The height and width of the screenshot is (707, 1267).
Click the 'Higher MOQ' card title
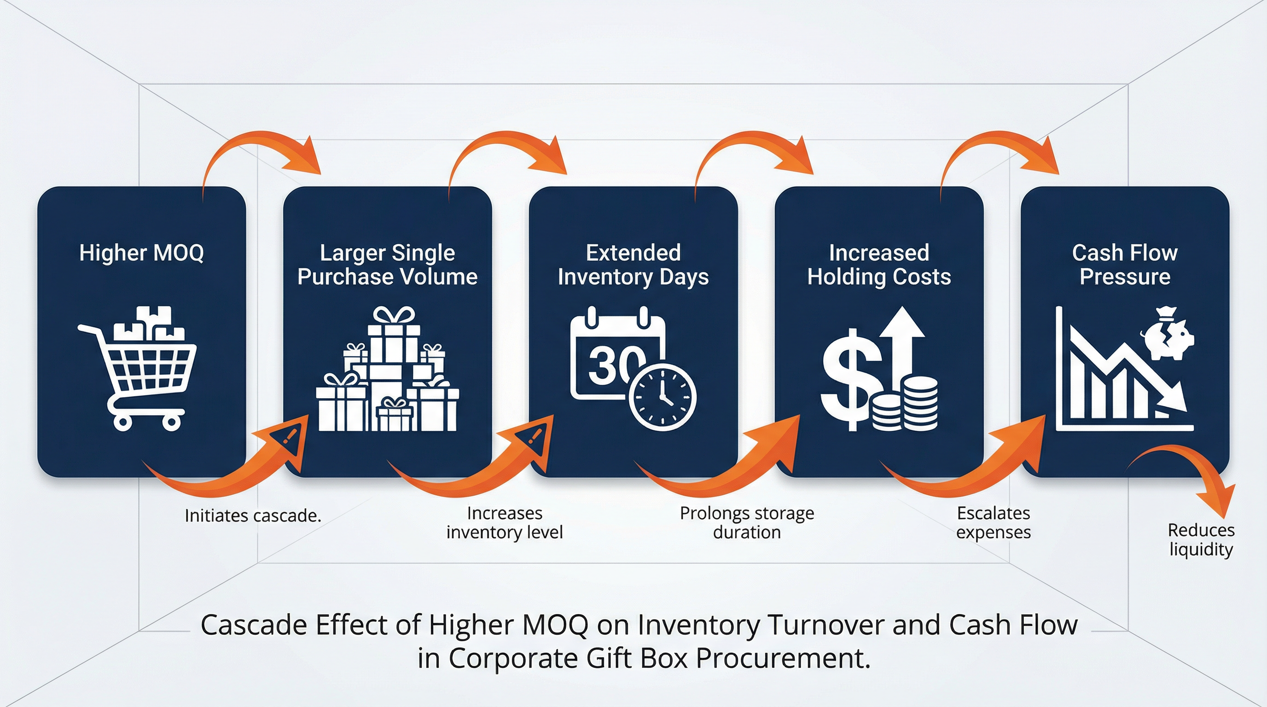(141, 253)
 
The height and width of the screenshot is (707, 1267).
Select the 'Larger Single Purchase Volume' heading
(387, 265)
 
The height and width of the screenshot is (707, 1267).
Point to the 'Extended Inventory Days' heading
(633, 265)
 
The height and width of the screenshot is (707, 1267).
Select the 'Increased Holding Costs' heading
(879, 265)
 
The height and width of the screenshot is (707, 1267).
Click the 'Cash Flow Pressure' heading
(1125, 265)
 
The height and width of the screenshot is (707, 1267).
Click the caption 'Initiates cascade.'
(253, 516)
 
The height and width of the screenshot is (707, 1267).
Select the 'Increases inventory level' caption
(504, 522)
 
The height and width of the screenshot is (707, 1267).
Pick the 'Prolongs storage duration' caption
(747, 522)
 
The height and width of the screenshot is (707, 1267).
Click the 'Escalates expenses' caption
(993, 522)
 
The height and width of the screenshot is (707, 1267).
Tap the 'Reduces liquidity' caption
(1201, 539)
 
